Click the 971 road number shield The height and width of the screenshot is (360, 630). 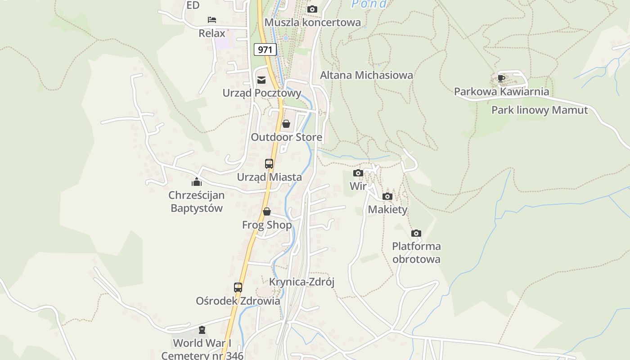pos(265,49)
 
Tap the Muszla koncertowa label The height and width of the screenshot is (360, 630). pos(312,22)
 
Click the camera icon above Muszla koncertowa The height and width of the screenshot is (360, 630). pos(312,9)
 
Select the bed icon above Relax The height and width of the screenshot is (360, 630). pos(212,20)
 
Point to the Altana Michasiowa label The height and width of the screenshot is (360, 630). pos(366,75)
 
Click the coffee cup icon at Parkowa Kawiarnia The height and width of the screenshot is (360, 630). pos(501,78)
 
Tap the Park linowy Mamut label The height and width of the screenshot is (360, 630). pos(540,110)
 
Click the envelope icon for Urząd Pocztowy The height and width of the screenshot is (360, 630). pos(261,80)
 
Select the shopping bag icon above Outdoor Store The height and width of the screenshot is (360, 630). pos(286,124)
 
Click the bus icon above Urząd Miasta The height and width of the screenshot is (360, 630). pos(269,164)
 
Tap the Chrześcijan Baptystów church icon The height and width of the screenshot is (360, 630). pos(196,182)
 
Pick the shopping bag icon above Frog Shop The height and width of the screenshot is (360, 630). pos(267,211)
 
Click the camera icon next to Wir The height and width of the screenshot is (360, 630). pos(358,173)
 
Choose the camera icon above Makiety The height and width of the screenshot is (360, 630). pos(387,197)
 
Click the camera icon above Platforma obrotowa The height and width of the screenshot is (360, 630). pos(416,233)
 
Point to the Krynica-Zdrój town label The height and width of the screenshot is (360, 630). pos(302,282)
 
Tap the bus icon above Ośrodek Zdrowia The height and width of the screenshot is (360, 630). pos(238,288)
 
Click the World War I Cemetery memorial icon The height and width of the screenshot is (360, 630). pos(202,330)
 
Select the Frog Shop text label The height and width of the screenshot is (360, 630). pos(267,225)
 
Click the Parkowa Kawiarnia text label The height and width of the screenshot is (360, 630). pos(501,92)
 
